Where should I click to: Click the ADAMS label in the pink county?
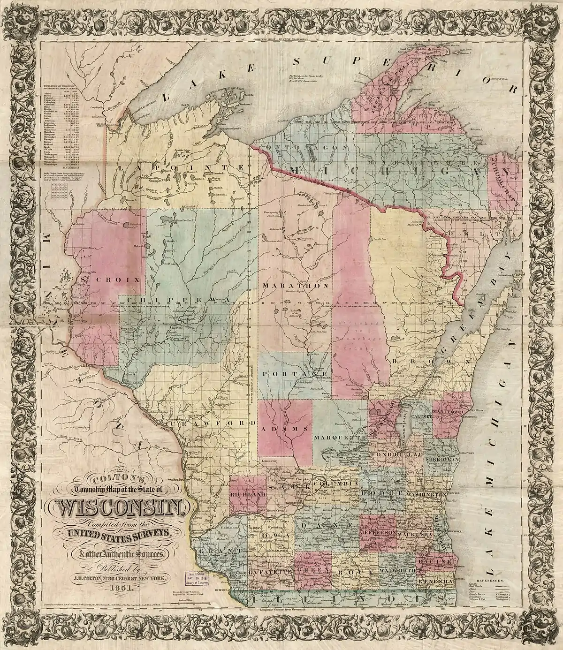(x=285, y=429)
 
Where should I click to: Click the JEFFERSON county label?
(x=379, y=534)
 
